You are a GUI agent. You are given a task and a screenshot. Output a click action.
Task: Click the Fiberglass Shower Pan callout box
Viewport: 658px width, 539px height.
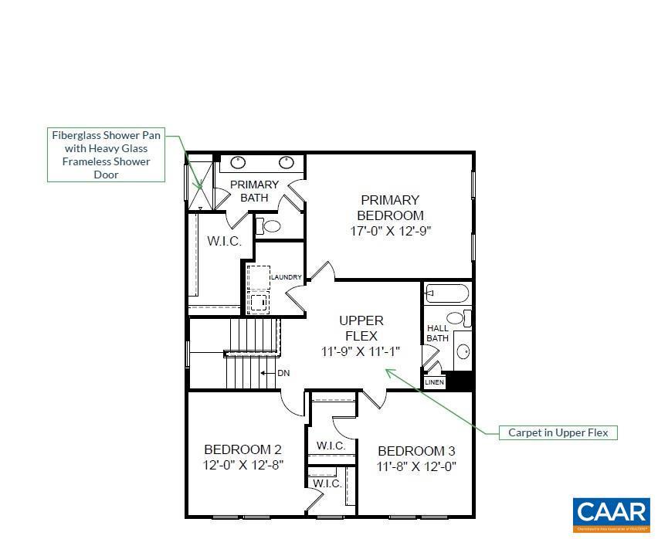[106, 155]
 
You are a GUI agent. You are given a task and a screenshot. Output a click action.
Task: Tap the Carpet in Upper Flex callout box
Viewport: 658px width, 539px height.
[557, 432]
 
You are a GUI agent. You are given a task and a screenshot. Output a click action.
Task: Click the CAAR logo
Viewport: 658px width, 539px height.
[611, 514]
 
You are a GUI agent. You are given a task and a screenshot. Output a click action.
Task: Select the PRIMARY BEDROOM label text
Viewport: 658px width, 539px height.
[390, 208]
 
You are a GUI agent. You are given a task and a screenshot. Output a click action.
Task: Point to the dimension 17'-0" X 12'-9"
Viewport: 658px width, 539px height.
[390, 231]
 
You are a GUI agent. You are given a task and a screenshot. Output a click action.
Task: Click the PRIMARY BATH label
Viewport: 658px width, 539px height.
[254, 191]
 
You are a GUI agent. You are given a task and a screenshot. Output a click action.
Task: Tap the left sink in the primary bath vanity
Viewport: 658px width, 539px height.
[239, 163]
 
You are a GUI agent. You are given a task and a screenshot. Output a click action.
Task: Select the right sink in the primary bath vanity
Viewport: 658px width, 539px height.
[287, 163]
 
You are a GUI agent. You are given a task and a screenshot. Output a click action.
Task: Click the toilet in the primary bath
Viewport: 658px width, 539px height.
[270, 226]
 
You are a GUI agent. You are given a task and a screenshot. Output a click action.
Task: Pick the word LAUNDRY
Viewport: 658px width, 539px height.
[286, 277]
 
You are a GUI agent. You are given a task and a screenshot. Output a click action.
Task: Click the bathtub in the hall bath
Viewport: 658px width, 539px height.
[447, 293]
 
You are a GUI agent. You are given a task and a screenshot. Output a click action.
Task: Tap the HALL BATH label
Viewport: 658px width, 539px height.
[437, 334]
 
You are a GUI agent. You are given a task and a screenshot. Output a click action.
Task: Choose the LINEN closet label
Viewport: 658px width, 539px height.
[435, 382]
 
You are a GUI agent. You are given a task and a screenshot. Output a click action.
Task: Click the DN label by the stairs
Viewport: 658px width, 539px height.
[283, 374]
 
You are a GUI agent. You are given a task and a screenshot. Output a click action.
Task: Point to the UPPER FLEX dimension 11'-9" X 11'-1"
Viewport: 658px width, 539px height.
[361, 351]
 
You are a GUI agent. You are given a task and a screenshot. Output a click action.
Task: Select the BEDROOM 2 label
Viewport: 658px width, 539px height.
[243, 449]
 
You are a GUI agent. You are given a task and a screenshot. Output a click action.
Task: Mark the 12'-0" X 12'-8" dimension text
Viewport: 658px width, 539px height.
[243, 466]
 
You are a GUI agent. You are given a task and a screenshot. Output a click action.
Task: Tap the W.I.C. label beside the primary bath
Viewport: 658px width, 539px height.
[224, 242]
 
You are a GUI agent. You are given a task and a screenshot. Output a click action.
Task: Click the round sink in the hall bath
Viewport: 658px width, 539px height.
[463, 352]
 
